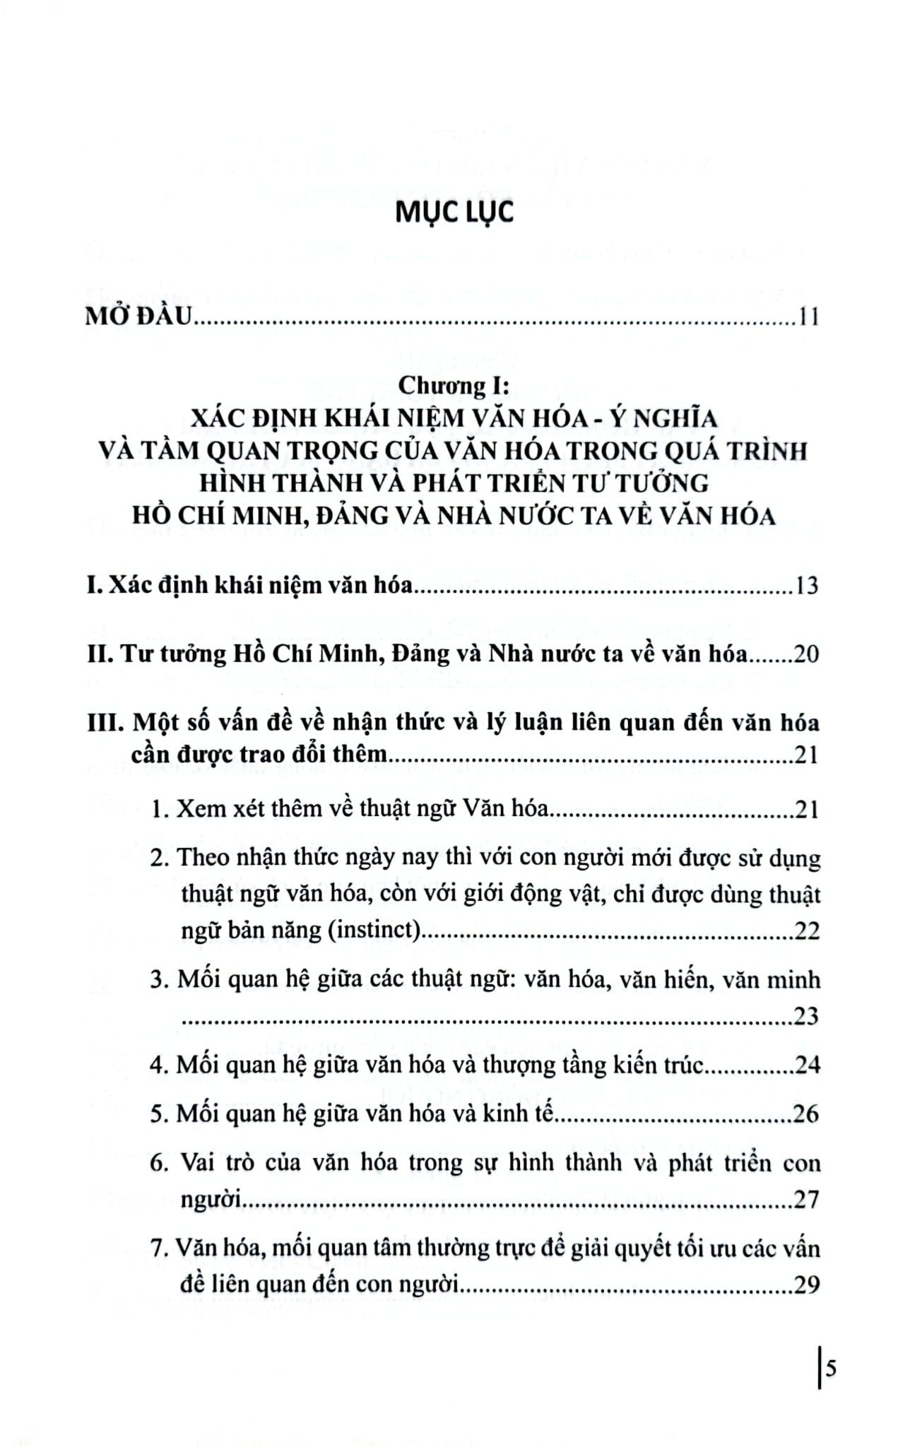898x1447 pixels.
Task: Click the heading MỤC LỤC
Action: pos(454,213)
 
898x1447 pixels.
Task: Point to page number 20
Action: pos(805,655)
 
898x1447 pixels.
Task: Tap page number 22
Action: pos(806,931)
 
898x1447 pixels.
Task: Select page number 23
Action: pos(806,1016)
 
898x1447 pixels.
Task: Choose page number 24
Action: pos(806,1065)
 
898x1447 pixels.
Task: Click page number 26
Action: pos(806,1114)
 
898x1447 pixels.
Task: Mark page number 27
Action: pos(806,1199)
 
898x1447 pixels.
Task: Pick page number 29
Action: pos(806,1284)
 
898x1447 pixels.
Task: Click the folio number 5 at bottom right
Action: pos(831,1369)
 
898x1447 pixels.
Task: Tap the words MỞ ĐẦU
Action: pos(138,317)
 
